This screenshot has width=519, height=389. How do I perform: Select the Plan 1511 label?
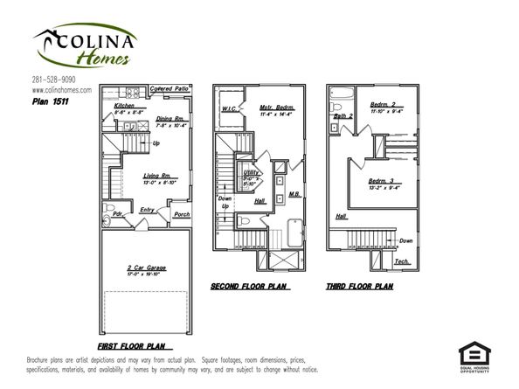click(x=50, y=101)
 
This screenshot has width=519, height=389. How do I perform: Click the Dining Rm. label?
click(x=169, y=118)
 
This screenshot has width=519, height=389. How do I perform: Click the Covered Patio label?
click(x=168, y=90)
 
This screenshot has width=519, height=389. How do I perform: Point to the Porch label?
click(x=182, y=214)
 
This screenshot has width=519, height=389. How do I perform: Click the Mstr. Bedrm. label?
click(x=276, y=108)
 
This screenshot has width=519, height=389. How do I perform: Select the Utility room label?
click(x=251, y=173)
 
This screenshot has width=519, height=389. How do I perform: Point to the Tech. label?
click(x=402, y=261)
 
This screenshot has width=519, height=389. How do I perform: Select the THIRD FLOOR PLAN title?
click(x=359, y=286)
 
